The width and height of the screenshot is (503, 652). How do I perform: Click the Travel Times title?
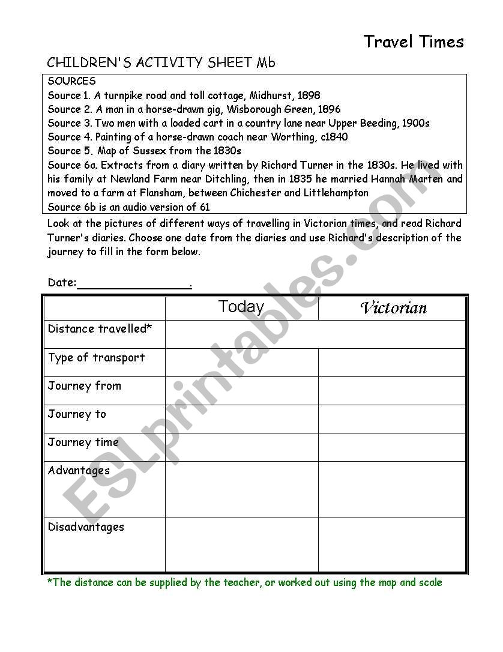pos(414,42)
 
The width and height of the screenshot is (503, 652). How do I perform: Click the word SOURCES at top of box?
pos(71,81)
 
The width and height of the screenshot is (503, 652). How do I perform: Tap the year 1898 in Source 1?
pos(309,95)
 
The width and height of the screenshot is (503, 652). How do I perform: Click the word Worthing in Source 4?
pos(292,137)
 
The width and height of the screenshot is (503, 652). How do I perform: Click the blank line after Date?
pos(134,283)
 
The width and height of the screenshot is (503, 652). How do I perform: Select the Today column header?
pos(241,307)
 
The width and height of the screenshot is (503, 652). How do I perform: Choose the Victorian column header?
pos(393,309)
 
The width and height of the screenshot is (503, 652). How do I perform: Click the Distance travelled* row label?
pos(100,329)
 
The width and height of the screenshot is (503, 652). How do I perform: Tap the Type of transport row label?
pos(96,358)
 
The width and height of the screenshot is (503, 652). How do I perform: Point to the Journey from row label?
pos(84,386)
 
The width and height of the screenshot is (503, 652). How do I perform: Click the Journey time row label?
pos(83,442)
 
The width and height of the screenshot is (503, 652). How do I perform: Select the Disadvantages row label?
pos(86,527)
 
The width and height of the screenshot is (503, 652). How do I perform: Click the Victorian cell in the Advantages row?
pos(392,489)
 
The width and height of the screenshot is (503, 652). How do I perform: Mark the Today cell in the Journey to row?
pos(241,419)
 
